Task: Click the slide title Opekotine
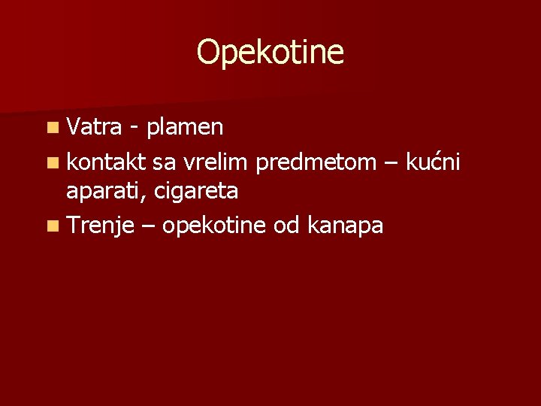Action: pyautogui.click(x=270, y=53)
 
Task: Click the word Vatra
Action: pyautogui.click(x=94, y=127)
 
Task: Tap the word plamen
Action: pyautogui.click(x=185, y=128)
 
